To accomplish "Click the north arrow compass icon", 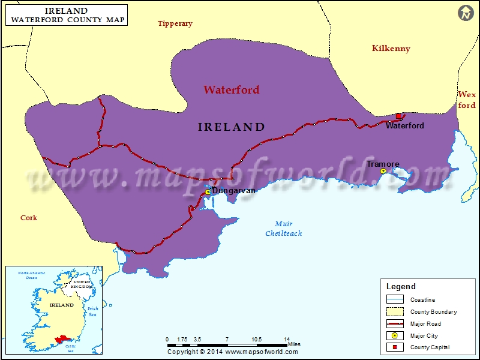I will click(466, 13).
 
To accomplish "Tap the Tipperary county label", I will click(175, 23).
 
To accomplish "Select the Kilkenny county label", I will click(391, 49).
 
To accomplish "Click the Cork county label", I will click(29, 218).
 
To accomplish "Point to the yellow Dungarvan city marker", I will click(208, 192).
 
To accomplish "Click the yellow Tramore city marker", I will click(383, 172).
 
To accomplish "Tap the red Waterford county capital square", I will click(398, 116).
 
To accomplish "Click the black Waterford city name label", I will click(404, 126).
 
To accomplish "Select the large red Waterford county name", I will click(231, 90).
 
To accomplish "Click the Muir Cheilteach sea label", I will click(284, 229).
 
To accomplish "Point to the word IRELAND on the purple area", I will click(231, 127).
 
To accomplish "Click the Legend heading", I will click(400, 287).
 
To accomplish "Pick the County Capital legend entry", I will click(429, 347).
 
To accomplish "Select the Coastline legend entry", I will click(422, 299).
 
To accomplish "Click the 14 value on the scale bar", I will click(287, 339).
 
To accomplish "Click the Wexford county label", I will click(466, 100).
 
